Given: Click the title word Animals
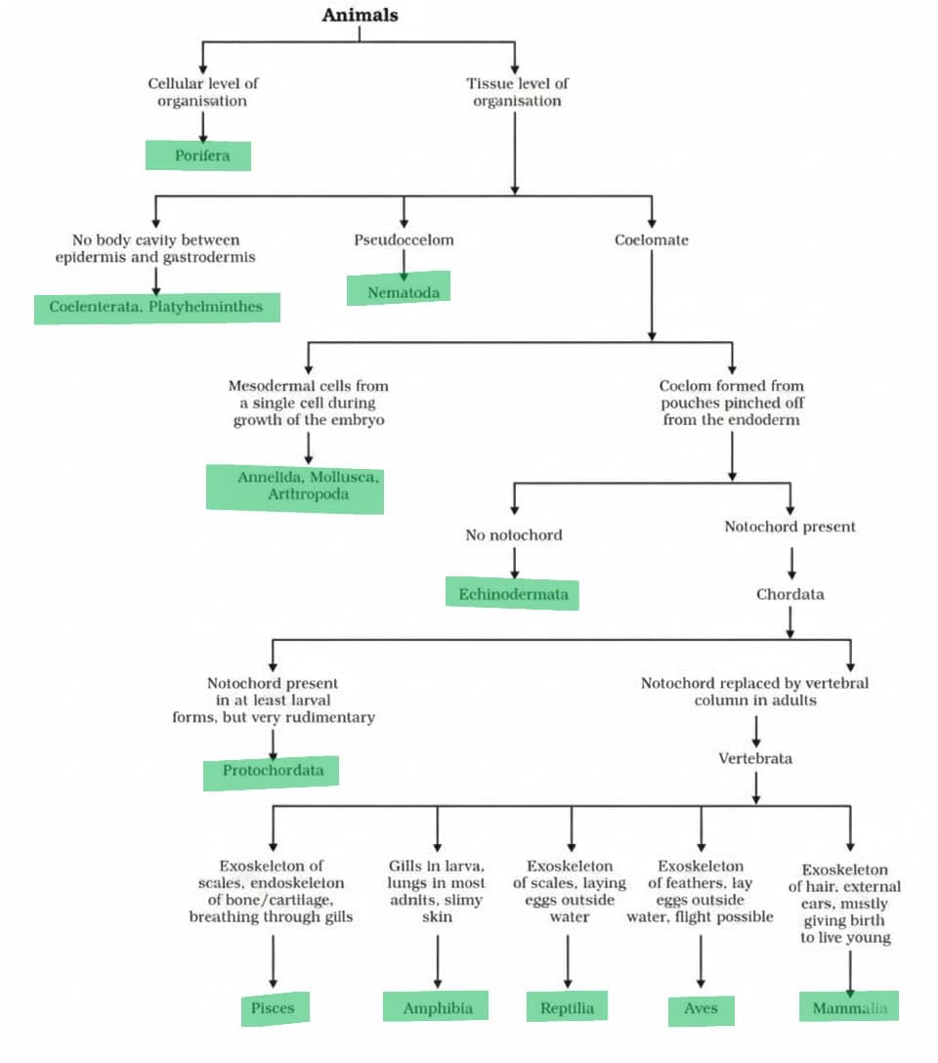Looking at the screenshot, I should pos(360,14).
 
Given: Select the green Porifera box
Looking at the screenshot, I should pos(202,155).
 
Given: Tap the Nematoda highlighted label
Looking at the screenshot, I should pos(403,291).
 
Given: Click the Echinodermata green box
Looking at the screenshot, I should pos(512,593).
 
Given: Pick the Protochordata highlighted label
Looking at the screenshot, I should pos(272,772).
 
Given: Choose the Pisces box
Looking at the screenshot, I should pos(275,1008).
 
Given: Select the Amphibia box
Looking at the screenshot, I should pos(437,1007).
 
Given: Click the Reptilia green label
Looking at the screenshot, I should pos(567,1007).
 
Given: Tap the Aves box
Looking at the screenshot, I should pos(701,1009).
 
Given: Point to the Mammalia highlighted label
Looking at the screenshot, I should pos(849,1007).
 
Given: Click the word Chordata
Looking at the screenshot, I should pos(789,594).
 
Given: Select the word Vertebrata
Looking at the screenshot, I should pos(755,757).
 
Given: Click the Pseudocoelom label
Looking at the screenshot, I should pos(404,239).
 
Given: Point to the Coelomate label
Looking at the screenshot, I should pos(651,239).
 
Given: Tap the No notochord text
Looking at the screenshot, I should pos(514,534).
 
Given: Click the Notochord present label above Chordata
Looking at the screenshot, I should pos(789,527).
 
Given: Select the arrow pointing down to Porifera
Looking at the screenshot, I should pos(202,126).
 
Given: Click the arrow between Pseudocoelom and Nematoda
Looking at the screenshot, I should pos(404,262).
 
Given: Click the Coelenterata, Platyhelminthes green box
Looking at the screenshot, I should pos(156,307).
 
